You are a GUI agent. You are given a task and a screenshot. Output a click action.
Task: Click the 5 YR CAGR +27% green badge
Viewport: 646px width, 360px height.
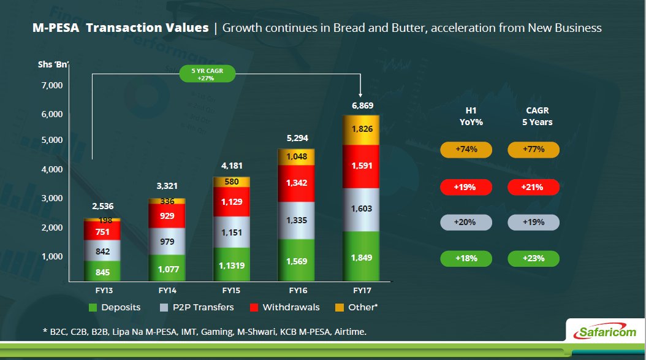[208, 75]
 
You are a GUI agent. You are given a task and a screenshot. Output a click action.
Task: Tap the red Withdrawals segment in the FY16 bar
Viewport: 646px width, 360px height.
[296, 183]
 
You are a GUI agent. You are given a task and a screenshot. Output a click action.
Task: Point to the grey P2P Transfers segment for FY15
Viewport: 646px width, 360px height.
[231, 232]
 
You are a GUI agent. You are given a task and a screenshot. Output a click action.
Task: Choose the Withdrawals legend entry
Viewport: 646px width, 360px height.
[284, 307]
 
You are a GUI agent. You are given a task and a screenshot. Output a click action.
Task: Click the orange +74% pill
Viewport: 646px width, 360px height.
[466, 149]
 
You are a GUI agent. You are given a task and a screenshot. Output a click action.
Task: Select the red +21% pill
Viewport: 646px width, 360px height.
[534, 186]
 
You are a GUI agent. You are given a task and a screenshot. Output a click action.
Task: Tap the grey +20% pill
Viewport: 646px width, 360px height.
[466, 222]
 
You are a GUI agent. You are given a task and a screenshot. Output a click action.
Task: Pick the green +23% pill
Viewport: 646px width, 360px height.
[534, 258]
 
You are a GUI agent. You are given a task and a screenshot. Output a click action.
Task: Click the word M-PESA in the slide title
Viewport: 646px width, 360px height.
[56, 28]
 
